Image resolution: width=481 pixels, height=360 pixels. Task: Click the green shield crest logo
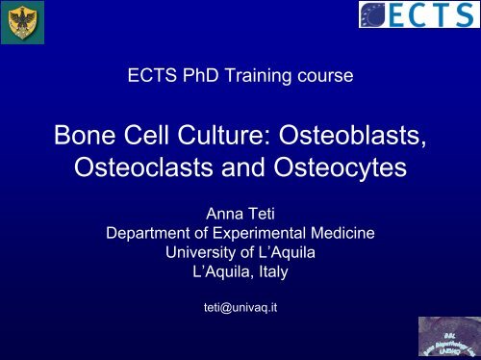[x=19, y=22]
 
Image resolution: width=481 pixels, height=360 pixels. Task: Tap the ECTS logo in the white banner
[x=415, y=16]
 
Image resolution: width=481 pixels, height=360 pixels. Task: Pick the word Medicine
[x=342, y=232]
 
